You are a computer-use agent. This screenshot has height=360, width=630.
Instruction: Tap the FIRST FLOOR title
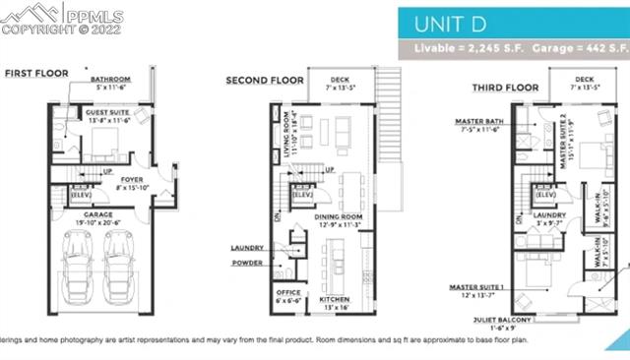tap(36, 73)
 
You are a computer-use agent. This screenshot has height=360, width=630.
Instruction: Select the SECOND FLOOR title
tap(263, 81)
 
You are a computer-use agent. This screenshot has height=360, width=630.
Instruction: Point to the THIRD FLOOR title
tap(497, 88)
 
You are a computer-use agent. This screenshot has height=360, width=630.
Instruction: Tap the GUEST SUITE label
tap(108, 114)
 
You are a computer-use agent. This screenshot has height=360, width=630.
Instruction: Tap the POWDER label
tap(247, 263)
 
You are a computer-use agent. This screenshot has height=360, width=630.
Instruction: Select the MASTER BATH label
tap(479, 122)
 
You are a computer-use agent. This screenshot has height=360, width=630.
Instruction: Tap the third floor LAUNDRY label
tap(549, 214)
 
